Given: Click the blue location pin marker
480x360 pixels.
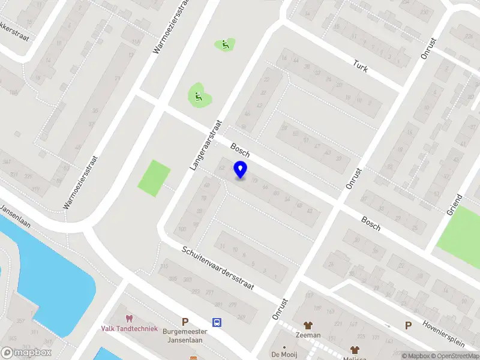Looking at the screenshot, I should pyautogui.click(x=241, y=170).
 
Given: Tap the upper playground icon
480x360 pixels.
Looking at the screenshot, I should pyautogui.click(x=225, y=44).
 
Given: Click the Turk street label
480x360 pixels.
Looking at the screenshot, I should pyautogui.click(x=361, y=66).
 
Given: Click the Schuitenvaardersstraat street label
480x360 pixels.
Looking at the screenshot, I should pyautogui.click(x=220, y=269).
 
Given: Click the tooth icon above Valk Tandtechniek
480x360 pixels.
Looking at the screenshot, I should pyautogui.click(x=128, y=319).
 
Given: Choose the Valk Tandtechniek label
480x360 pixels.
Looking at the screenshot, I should pyautogui.click(x=128, y=328).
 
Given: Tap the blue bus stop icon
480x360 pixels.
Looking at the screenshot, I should pyautogui.click(x=217, y=322).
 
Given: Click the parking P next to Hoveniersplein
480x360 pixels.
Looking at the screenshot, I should pyautogui.click(x=408, y=326).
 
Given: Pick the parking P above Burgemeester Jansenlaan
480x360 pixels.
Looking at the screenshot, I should pyautogui.click(x=185, y=322).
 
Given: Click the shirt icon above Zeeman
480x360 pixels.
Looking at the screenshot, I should pyautogui.click(x=308, y=326).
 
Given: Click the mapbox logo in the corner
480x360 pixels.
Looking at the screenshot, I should pyautogui.click(x=26, y=353).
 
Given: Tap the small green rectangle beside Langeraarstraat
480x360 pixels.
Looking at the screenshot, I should pyautogui.click(x=154, y=178).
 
